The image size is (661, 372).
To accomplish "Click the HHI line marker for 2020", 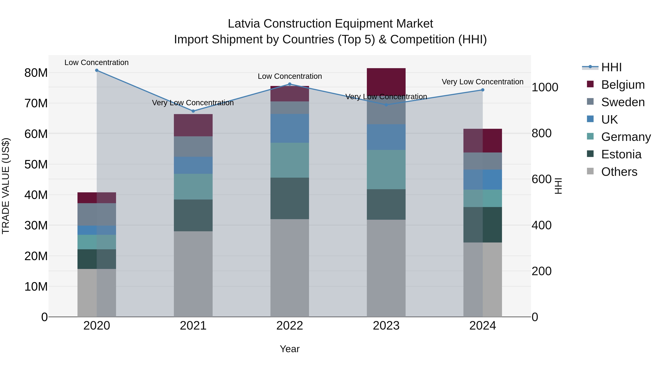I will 97,70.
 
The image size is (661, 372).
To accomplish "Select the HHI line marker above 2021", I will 193,111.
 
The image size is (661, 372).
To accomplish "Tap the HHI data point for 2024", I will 483,90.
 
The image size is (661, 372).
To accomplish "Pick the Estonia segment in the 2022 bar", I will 290,198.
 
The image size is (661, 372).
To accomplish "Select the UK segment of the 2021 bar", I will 193,165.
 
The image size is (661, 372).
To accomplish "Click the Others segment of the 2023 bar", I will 386,268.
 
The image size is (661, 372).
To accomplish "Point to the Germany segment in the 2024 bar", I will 483,198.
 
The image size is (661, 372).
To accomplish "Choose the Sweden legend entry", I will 623,102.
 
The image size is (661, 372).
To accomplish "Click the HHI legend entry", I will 611,67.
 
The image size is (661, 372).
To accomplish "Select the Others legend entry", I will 619,172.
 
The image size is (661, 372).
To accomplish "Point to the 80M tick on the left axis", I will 36,73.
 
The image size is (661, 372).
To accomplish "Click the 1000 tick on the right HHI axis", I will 545,87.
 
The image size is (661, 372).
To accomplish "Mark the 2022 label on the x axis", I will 290,326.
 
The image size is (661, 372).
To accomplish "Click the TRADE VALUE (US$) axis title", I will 6,186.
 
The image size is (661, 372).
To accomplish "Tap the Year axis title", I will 290,349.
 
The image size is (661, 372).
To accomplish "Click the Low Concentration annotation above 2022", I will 290,76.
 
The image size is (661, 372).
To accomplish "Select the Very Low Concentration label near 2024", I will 482,82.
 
